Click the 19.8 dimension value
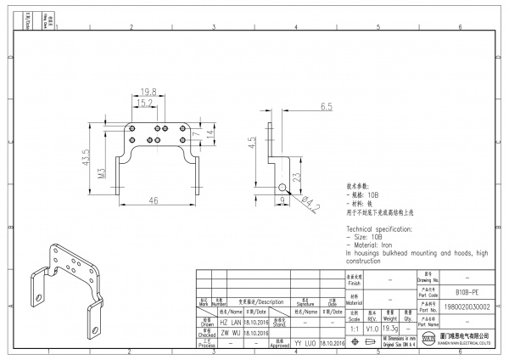tap(148, 91)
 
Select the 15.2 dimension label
tap(145, 103)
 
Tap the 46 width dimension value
tap(154, 200)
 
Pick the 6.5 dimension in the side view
tap(327, 107)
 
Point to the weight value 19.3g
tap(390, 328)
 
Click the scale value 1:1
tap(353, 328)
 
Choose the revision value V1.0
tap(372, 328)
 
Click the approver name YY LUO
tap(305, 342)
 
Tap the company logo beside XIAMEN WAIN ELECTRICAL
tap(429, 340)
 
